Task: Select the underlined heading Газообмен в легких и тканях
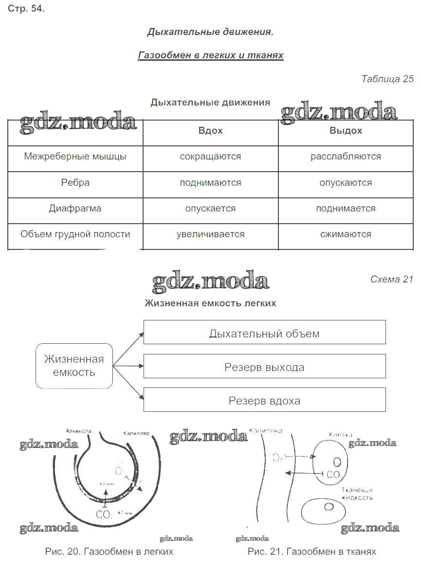click(x=211, y=55)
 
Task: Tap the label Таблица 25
click(x=387, y=79)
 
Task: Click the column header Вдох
click(x=211, y=131)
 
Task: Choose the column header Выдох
click(x=346, y=131)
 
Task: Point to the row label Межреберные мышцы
click(x=75, y=157)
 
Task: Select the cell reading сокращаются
click(x=211, y=157)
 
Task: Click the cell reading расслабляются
click(x=346, y=157)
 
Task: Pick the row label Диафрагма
click(x=75, y=208)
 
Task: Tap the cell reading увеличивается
click(x=211, y=234)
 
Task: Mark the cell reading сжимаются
click(x=346, y=234)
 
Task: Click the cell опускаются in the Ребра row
click(x=346, y=183)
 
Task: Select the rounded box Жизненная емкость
click(x=74, y=366)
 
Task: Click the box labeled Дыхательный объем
click(x=264, y=334)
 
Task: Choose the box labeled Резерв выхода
click(x=264, y=367)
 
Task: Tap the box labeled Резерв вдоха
click(x=264, y=401)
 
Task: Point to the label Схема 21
click(x=391, y=279)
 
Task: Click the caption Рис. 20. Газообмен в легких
click(x=109, y=552)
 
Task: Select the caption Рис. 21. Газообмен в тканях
click(x=312, y=552)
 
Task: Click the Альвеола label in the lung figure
click(x=78, y=431)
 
